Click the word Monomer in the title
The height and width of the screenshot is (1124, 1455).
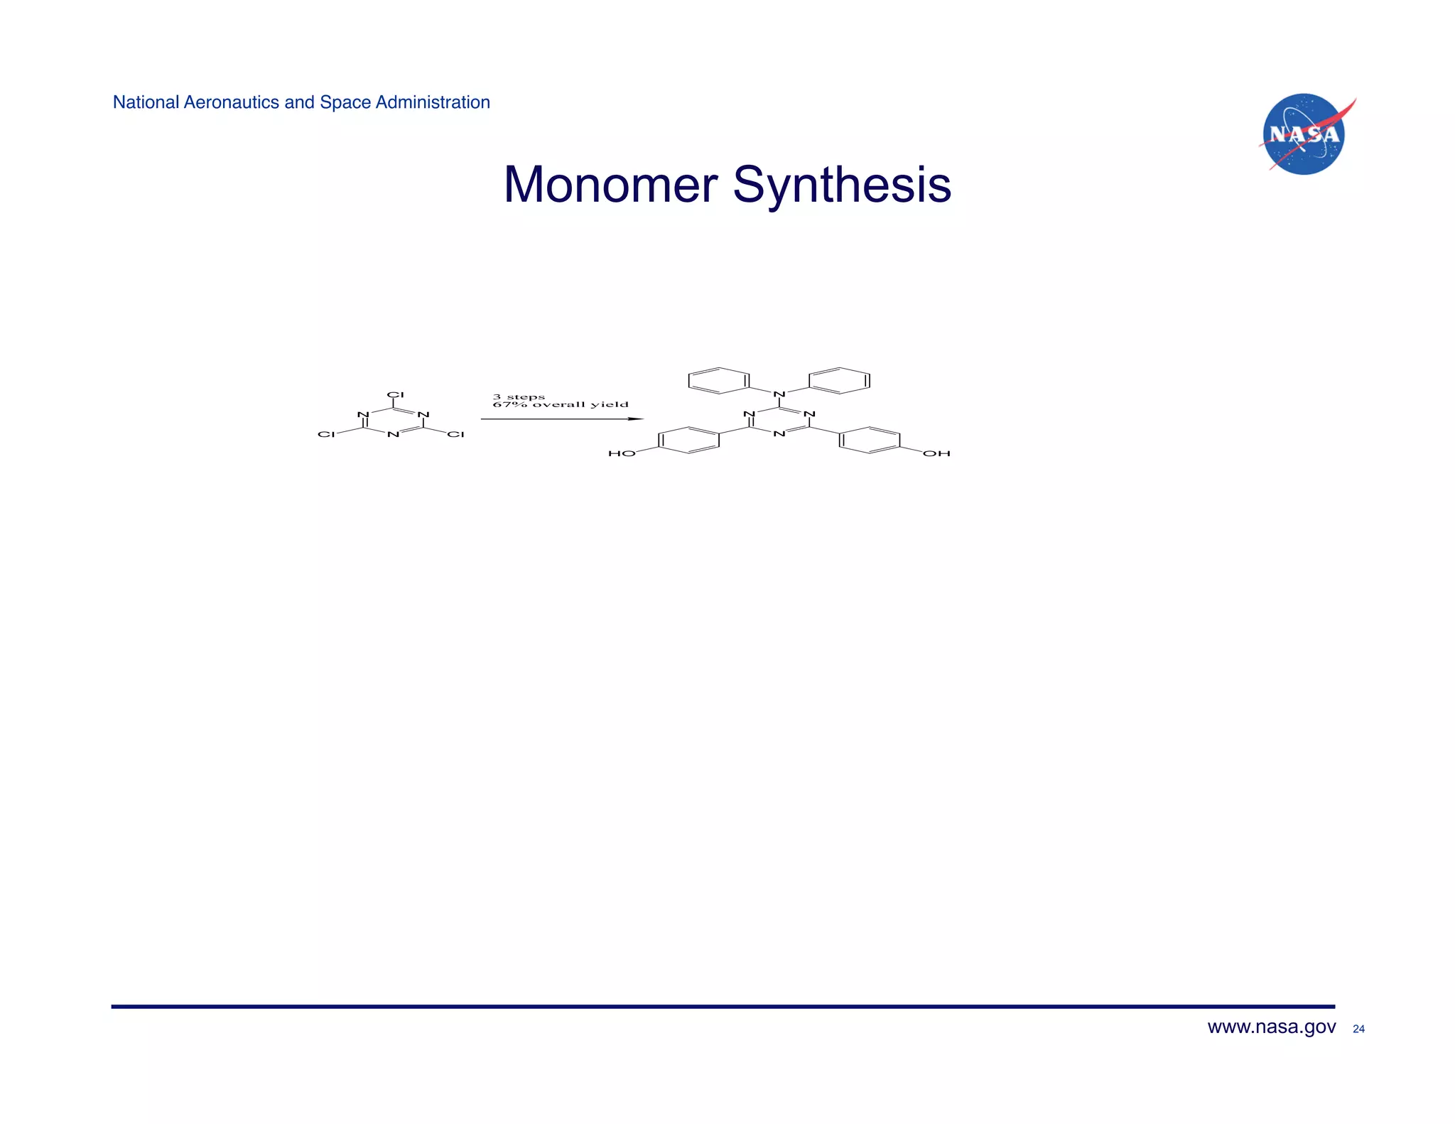tap(610, 185)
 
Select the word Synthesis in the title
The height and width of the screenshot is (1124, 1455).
tap(842, 185)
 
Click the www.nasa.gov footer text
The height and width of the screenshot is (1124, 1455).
tap(1271, 1027)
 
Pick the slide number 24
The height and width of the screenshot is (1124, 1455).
tap(1358, 1029)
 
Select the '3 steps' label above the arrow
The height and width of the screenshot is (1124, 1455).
tap(519, 396)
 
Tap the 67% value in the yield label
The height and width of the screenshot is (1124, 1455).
tap(509, 405)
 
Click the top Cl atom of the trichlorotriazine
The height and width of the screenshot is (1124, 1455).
tap(395, 395)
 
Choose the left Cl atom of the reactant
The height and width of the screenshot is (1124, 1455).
tap(326, 434)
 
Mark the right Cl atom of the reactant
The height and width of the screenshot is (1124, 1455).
tap(455, 434)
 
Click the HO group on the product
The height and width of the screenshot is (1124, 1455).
tap(622, 453)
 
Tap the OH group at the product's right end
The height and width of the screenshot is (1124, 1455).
tap(936, 453)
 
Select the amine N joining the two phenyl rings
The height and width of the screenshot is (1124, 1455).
tap(779, 394)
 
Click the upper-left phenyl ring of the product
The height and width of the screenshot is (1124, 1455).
tap(719, 380)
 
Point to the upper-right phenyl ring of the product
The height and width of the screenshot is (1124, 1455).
tap(839, 380)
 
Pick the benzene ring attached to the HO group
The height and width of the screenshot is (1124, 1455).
tap(688, 440)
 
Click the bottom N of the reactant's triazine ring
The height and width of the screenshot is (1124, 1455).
tap(393, 434)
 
